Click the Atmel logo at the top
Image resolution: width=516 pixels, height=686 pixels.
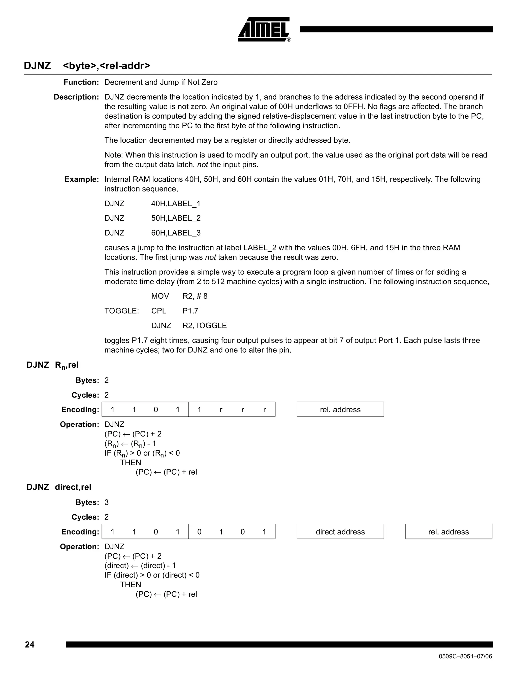264,29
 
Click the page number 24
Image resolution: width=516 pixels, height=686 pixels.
30,644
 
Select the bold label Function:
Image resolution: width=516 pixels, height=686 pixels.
81,82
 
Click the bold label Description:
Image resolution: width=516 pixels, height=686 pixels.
76,97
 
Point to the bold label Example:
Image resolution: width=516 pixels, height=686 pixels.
81,179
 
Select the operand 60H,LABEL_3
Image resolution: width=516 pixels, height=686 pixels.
176,233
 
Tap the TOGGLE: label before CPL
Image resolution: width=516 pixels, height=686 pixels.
122,311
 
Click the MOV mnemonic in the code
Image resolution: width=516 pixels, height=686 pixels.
160,296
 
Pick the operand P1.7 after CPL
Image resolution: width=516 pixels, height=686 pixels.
190,311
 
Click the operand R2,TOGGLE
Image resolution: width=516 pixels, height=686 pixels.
205,326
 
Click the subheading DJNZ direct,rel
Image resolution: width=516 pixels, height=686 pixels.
59,487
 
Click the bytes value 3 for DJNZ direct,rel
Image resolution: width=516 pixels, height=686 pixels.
107,502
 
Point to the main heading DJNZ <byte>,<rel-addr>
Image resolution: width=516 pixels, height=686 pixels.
87,66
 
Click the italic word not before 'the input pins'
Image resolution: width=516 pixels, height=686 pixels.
202,165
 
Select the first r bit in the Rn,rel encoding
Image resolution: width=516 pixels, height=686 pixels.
221,410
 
